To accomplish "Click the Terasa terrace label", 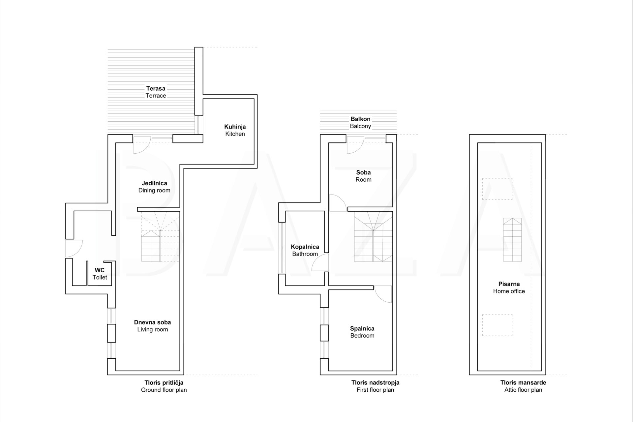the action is click(156, 92).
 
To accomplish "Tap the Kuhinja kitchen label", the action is click(235, 130).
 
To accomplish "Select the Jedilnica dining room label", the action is click(154, 187).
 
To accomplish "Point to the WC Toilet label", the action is click(100, 274).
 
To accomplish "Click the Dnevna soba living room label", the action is click(153, 326).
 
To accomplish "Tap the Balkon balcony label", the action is click(361, 122).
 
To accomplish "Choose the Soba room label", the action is click(363, 176).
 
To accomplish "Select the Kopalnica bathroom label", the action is click(305, 250).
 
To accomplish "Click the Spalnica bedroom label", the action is click(362, 332).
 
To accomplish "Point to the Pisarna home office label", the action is click(509, 287).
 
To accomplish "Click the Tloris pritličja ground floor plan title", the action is click(164, 386).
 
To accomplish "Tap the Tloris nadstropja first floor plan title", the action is click(376, 386).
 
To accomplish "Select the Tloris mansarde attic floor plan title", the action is click(523, 386).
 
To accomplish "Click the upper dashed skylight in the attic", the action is click(497, 189).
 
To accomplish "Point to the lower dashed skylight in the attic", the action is click(497, 325).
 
